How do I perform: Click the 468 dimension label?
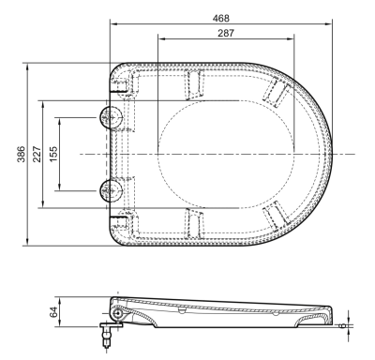(220, 19)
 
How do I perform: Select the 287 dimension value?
(226, 33)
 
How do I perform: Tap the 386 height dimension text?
(22, 154)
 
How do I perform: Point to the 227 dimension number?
(37, 154)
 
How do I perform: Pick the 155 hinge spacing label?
(53, 154)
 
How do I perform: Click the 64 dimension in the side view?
(53, 312)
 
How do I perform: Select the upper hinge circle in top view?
(111, 117)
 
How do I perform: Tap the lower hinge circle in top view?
(111, 190)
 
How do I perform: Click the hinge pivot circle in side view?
(118, 313)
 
